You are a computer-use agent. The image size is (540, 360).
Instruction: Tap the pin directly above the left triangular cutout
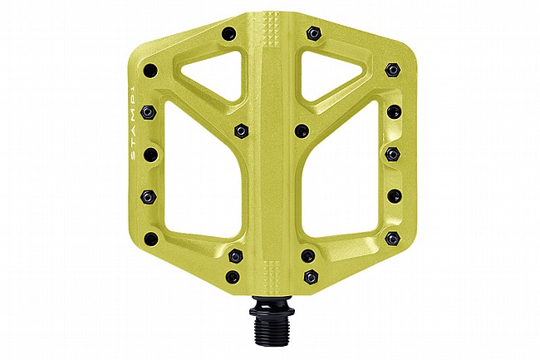pyautogui.click(x=229, y=34)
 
